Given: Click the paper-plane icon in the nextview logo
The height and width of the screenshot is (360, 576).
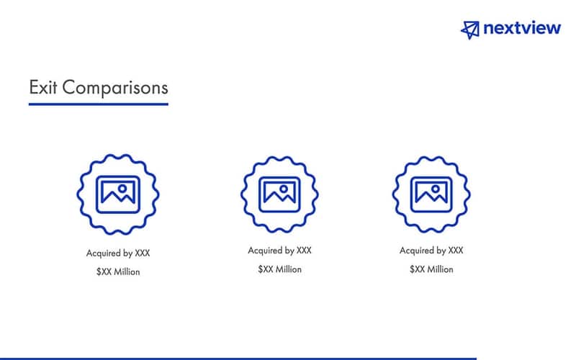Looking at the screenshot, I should [470, 29].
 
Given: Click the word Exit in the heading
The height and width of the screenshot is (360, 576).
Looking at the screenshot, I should [42, 88].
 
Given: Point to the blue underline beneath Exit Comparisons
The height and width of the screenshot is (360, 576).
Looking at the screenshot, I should [98, 104].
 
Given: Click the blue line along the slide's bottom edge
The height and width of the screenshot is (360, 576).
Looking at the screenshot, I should [238, 358].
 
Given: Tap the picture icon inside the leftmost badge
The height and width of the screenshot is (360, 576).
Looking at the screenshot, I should [118, 193].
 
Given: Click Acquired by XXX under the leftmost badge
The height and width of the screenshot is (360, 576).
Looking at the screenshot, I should [118, 253].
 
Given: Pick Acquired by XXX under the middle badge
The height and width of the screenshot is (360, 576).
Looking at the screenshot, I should [280, 251].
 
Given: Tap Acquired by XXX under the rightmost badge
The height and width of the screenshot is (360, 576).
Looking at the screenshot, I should [431, 251].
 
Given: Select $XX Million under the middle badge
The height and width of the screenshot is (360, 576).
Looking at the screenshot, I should [280, 269].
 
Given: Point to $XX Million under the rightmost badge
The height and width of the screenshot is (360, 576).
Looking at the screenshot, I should [431, 269].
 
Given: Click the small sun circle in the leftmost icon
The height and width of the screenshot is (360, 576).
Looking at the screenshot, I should [124, 187].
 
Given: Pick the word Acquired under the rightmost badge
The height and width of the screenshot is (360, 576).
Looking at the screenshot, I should [417, 251].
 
